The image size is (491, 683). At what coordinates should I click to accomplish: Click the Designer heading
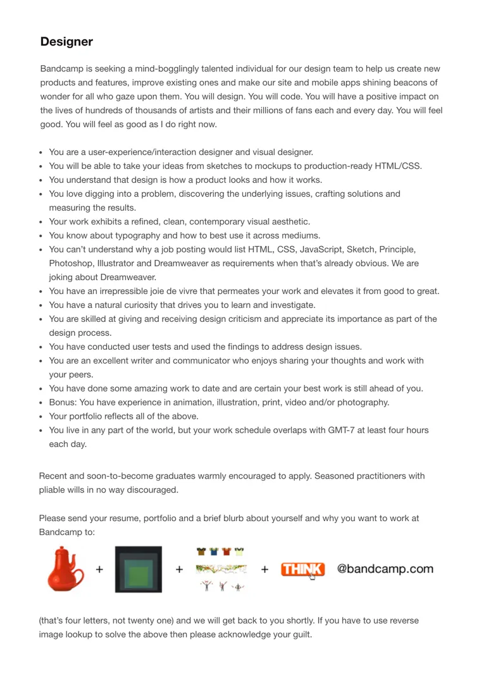tap(66, 42)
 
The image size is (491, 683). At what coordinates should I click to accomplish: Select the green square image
tap(138, 569)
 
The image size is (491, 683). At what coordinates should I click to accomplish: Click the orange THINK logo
tap(303, 569)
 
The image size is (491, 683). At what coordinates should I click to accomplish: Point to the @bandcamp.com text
tap(385, 569)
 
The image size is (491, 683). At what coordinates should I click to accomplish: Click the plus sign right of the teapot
tap(99, 569)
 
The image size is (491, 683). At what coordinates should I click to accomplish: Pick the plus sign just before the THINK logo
tap(264, 569)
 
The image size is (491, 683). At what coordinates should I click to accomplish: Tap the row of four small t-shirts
tap(219, 551)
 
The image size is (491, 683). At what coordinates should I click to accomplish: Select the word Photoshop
tap(70, 263)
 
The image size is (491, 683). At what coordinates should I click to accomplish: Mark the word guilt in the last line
tap(300, 634)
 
